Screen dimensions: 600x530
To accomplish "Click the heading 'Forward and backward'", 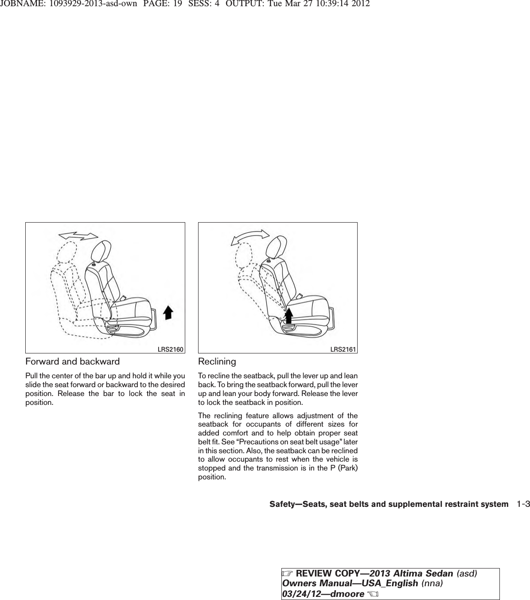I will [72, 361].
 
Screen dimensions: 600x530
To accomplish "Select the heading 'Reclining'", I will [217, 361].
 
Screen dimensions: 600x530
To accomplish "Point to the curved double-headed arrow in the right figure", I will [250, 236].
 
